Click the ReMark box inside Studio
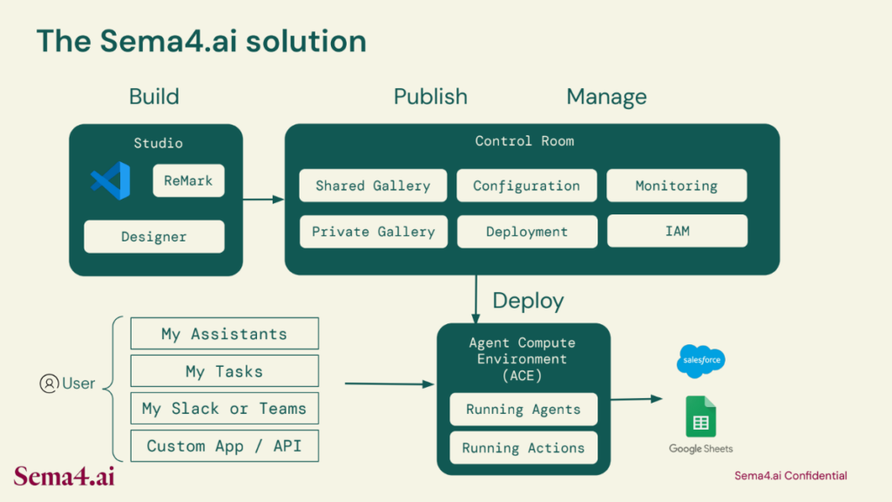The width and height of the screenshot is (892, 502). [188, 181]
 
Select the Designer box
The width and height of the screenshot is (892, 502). [154, 237]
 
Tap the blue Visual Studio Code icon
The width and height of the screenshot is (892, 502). [111, 181]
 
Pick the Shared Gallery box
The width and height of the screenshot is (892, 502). [373, 186]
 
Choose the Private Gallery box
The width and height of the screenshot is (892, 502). [374, 232]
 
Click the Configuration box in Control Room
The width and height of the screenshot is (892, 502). [527, 186]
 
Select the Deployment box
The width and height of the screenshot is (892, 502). [527, 232]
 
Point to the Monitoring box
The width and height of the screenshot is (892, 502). [677, 186]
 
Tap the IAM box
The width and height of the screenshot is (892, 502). [678, 231]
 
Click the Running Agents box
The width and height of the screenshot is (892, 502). [524, 410]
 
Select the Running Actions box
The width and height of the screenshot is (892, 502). [524, 448]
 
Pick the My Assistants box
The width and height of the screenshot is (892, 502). [225, 334]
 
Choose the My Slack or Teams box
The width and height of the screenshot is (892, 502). [225, 408]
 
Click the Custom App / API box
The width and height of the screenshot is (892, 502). [225, 445]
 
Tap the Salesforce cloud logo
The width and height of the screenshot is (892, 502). [701, 361]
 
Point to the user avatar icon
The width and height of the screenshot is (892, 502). [49, 383]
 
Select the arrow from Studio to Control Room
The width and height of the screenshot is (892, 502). [263, 200]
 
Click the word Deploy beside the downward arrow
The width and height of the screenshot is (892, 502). [528, 301]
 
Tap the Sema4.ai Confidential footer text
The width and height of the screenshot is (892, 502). [791, 476]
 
